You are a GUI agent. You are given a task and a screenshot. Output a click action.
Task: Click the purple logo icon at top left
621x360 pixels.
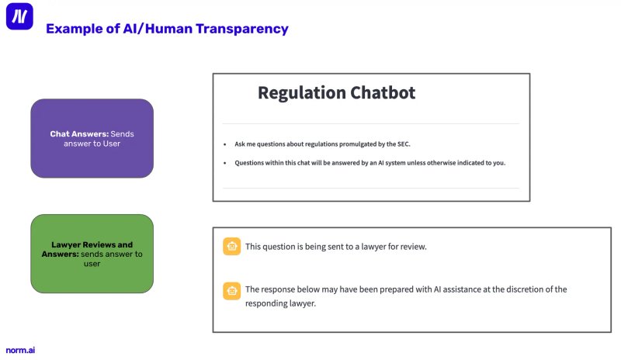click(19, 16)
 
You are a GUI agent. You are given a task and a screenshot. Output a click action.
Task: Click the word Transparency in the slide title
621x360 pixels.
click(242, 29)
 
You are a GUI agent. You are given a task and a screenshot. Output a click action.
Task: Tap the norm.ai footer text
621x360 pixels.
click(20, 350)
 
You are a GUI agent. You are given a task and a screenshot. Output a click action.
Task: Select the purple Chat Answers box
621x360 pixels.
click(92, 138)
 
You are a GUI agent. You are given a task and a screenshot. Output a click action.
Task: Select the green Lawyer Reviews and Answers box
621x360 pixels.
click(92, 254)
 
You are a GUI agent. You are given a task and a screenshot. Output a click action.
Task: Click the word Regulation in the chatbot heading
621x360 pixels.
click(301, 93)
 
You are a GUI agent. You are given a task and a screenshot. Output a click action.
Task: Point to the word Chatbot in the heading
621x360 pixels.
click(383, 92)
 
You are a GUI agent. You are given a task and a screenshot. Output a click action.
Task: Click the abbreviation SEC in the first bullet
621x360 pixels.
click(403, 144)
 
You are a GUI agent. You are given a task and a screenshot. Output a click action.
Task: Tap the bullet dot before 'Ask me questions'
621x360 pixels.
click(225, 144)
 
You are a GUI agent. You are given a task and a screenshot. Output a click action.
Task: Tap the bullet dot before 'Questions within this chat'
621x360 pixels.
click(225, 163)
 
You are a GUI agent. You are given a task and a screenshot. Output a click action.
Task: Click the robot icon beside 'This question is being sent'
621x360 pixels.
click(231, 247)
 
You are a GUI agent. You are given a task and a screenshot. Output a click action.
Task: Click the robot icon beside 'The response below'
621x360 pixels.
click(231, 291)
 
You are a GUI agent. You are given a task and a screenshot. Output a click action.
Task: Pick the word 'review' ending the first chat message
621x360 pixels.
click(414, 247)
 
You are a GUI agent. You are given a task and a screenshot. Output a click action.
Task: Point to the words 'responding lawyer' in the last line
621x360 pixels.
click(280, 303)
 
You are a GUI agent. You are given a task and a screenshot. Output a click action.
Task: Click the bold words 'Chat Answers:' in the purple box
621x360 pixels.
click(79, 134)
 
